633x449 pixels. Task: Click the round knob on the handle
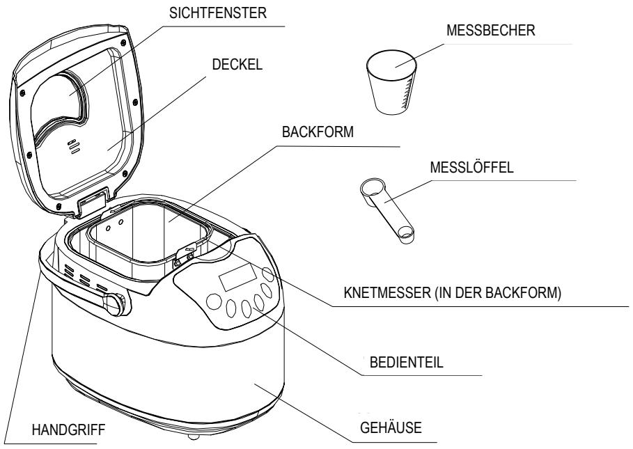coord(116,304)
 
